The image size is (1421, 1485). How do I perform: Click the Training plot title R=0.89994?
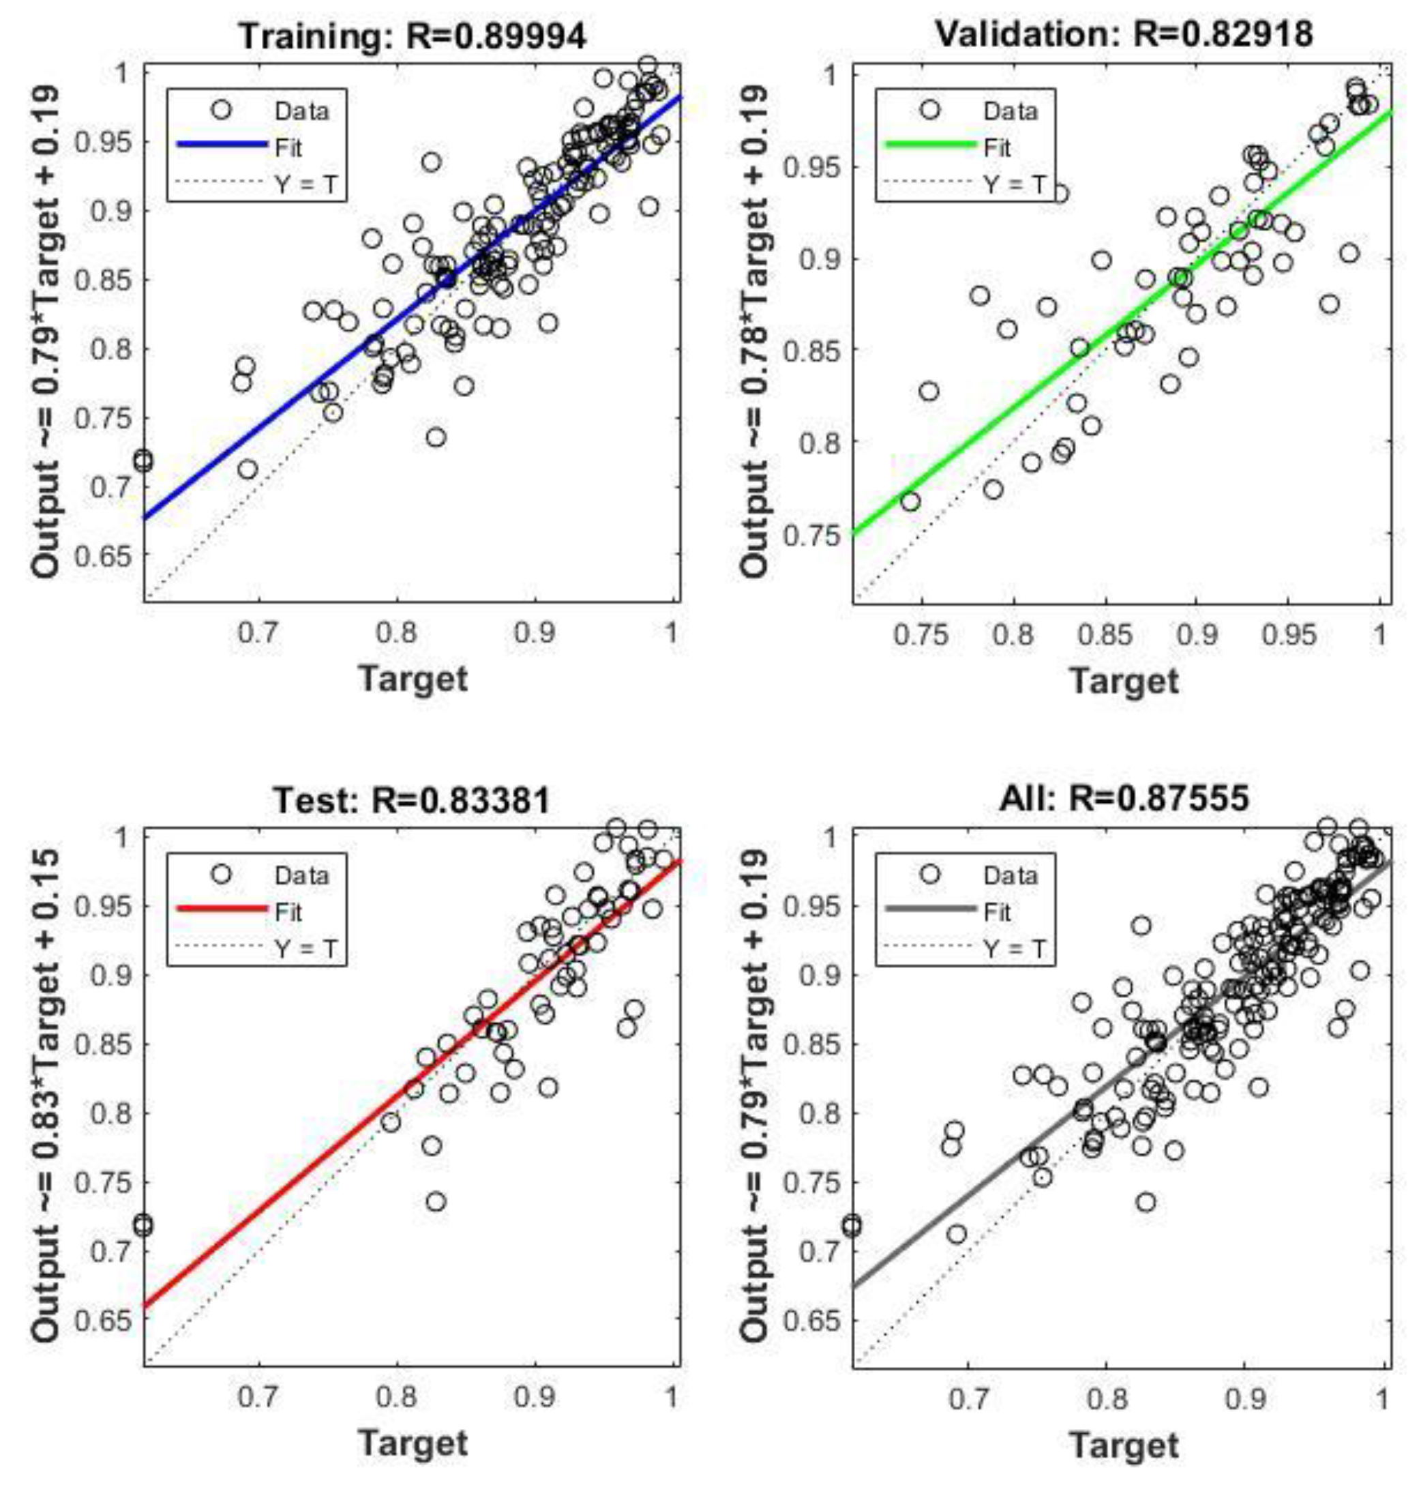point(413,35)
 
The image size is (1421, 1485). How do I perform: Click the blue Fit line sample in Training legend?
point(221,145)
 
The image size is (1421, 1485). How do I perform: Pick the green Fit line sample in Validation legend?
point(930,145)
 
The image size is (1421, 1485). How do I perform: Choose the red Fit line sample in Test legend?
point(221,909)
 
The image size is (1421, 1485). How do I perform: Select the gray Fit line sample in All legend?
point(930,909)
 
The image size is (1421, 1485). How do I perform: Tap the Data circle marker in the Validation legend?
point(930,110)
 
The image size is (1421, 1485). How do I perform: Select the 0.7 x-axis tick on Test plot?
point(258,1396)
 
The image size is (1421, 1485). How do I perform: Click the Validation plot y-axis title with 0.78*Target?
point(754,331)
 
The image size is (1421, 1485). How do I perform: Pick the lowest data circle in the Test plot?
point(436,1203)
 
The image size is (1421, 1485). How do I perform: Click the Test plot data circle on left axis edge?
point(143,1225)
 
